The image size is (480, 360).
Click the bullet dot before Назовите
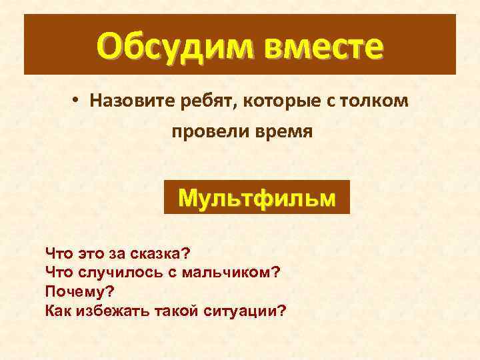pyautogui.click(x=77, y=100)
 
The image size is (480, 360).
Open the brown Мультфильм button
pyautogui.click(x=257, y=197)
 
